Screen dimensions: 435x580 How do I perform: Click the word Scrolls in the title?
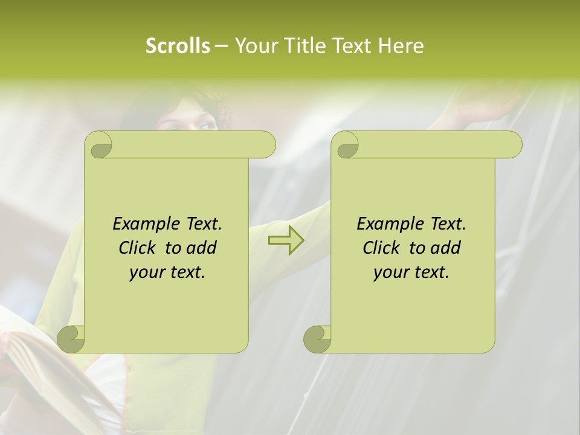178,45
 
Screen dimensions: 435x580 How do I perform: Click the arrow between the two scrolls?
286,240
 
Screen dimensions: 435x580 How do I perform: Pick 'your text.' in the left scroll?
167,272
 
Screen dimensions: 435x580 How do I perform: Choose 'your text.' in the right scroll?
411,272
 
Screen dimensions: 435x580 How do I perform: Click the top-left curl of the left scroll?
100,146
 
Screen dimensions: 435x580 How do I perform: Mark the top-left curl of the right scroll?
347,146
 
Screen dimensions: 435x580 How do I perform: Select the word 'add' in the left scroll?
202,248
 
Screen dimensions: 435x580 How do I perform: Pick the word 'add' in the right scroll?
446,248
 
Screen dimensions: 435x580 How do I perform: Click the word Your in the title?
251,45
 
